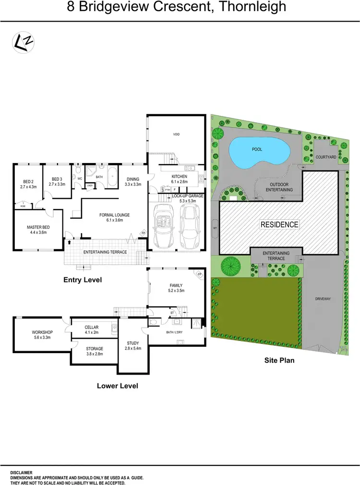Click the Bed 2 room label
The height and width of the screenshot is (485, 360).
28,184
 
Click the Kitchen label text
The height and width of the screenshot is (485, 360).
179,179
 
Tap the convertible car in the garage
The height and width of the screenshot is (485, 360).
163,226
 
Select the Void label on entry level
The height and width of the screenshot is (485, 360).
177,135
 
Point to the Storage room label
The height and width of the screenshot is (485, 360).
95,351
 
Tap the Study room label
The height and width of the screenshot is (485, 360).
133,345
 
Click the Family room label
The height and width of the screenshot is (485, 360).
176,287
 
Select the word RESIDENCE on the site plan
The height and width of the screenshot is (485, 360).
279,224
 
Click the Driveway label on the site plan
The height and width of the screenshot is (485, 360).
323,298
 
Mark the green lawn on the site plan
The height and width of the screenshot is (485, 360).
254,307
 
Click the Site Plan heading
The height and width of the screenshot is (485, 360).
279,360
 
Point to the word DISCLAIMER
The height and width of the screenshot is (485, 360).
21,473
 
